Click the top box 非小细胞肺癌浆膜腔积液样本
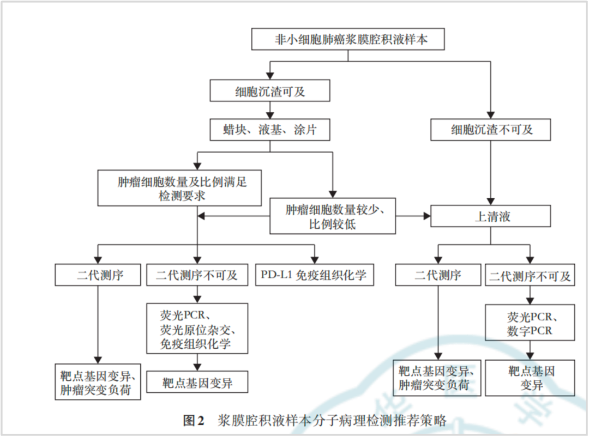point(348,40)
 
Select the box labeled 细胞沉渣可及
point(270,91)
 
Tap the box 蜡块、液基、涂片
point(270,130)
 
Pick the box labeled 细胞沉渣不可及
point(491,130)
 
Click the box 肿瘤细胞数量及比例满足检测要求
point(180,188)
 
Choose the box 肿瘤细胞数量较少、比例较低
point(333,216)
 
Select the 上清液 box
point(491,216)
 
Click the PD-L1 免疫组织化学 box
point(315,275)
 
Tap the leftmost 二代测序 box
point(98,275)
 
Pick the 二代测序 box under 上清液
point(438,275)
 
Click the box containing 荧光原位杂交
point(197,329)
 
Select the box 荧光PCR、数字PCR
point(530,323)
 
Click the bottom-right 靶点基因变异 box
point(530,378)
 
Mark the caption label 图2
point(194,421)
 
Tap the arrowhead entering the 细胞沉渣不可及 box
point(491,115)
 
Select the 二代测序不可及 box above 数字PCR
point(530,275)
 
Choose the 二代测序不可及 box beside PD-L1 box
point(197,275)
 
